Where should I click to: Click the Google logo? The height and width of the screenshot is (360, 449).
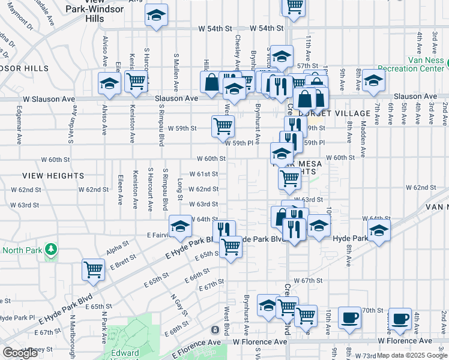pyautogui.click(x=20, y=353)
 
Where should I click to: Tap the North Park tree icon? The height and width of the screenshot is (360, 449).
pyautogui.click(x=52, y=249)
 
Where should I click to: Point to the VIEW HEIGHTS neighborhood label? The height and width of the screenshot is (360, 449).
pyautogui.click(x=53, y=175)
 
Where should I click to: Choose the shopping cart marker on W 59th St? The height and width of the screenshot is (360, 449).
pyautogui.click(x=223, y=125)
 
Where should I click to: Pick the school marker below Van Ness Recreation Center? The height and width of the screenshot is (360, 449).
pyautogui.click(x=373, y=82)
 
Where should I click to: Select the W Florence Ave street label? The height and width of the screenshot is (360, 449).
pyautogui.click(x=260, y=341)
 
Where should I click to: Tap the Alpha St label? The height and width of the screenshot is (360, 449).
pyautogui.click(x=118, y=244)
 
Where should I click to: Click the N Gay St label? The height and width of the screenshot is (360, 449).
pyautogui.click(x=178, y=305)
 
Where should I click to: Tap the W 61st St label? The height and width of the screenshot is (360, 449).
pyautogui.click(x=203, y=174)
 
